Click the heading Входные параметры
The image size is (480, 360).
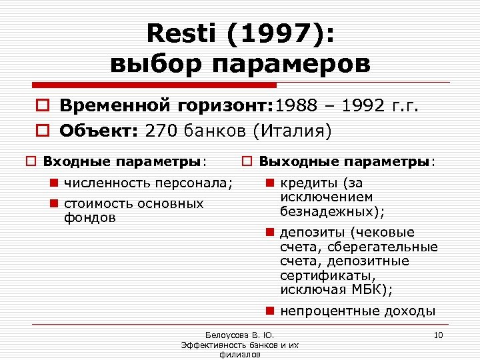click(x=123, y=161)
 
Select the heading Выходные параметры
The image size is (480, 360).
click(x=346, y=161)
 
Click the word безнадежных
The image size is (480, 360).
click(x=329, y=211)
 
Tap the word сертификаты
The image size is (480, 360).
click(x=327, y=275)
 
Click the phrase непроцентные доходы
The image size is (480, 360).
click(x=357, y=311)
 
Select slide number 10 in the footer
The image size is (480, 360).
click(x=438, y=334)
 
